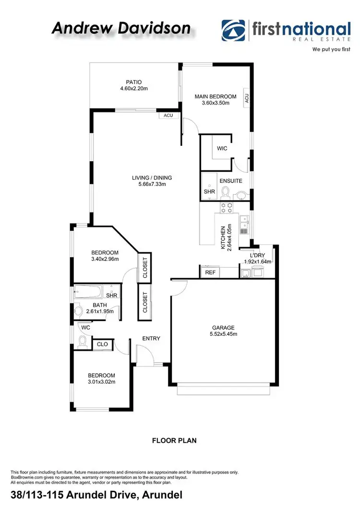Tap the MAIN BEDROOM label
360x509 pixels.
coord(216,96)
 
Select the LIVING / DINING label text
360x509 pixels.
coord(152,178)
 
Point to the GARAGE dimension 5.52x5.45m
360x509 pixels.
coord(223,334)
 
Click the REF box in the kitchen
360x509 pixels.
coord(210,272)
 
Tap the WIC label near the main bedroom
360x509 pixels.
coord(222,149)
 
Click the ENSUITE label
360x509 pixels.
coord(231,181)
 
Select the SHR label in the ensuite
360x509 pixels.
coord(209,191)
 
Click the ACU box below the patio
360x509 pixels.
coord(168,116)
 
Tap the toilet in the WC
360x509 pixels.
coord(83,342)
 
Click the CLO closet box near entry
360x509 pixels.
coord(102,344)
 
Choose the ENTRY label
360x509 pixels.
coord(151,338)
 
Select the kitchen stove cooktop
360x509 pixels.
coord(226,208)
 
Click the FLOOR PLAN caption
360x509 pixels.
coord(174,440)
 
